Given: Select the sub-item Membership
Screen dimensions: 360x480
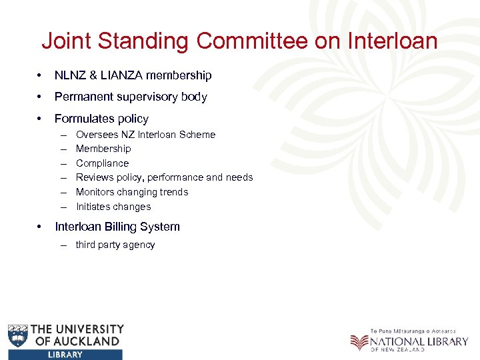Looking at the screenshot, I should point(103,149).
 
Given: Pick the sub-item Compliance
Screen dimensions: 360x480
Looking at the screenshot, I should point(102,163).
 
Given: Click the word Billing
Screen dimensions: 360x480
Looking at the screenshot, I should point(121,227).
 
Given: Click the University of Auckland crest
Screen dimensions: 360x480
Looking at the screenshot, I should point(18,336).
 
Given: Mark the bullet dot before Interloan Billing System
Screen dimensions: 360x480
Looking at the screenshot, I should point(42,227).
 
